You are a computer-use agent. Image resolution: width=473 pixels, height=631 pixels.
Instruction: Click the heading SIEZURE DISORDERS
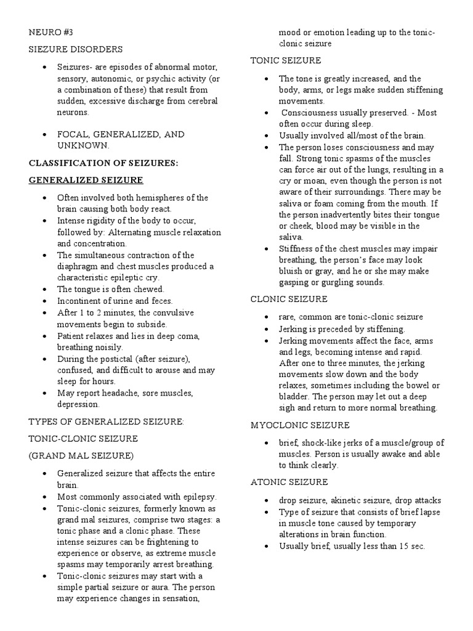(76, 49)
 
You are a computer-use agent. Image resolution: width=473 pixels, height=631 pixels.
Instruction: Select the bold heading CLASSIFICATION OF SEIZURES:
(103, 163)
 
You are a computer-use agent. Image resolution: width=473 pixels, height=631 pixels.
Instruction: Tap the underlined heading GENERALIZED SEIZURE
(86, 180)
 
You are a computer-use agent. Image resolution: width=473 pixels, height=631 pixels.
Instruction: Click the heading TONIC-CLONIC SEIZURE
(83, 439)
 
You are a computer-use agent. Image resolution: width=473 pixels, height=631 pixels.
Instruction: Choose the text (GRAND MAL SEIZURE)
(81, 456)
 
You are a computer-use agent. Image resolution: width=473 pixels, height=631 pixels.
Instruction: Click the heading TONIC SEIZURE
(285, 60)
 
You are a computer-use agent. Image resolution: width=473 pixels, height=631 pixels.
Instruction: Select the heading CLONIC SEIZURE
(288, 299)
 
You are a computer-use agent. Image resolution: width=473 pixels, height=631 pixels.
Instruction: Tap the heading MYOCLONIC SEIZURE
(300, 425)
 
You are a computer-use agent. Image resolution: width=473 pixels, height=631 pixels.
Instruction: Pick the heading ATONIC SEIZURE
(289, 482)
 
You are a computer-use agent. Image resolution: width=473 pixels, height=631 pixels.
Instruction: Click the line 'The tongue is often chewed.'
(111, 289)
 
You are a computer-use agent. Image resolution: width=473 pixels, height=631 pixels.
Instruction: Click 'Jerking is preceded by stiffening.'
(342, 328)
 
